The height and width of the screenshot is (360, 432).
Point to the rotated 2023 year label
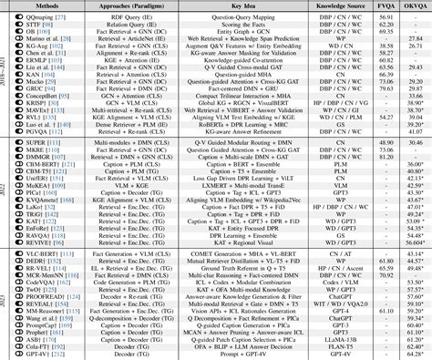pyautogui.click(x=5, y=296)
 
